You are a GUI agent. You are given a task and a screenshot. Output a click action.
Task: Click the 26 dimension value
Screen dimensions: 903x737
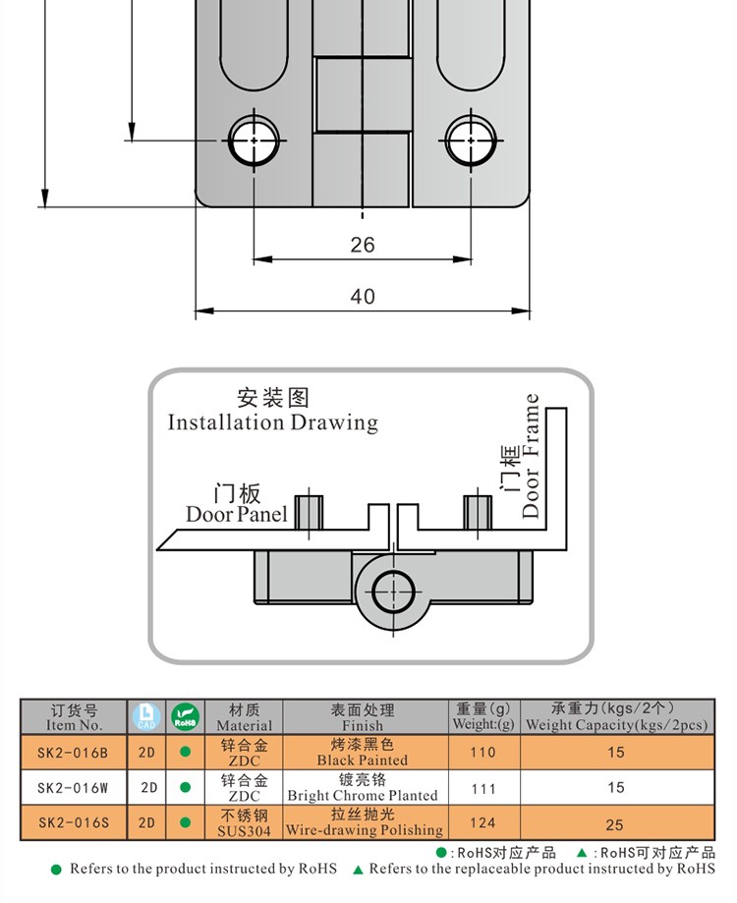click(x=363, y=245)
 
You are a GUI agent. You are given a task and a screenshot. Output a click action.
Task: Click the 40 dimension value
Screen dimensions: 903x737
click(x=363, y=296)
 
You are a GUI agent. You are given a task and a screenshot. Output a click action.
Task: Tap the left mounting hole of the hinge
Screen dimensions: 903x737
click(x=255, y=140)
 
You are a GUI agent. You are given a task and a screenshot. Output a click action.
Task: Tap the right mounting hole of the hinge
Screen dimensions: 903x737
click(x=470, y=140)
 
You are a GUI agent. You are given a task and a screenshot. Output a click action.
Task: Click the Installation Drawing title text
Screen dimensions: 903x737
click(x=272, y=423)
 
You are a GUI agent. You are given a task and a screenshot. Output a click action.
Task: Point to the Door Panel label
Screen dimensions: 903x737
click(x=237, y=513)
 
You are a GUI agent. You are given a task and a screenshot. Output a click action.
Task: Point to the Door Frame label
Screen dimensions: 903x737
click(x=532, y=456)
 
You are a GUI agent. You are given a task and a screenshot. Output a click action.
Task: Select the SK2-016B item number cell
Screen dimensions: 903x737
click(x=73, y=753)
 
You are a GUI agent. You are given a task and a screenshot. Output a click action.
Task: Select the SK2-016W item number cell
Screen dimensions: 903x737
click(x=73, y=787)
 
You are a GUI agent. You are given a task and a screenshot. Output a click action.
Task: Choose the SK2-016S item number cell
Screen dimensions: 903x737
click(x=73, y=822)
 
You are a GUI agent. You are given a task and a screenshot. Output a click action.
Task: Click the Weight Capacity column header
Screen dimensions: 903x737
click(x=616, y=716)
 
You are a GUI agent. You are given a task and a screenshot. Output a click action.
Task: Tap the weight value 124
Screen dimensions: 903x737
click(x=482, y=822)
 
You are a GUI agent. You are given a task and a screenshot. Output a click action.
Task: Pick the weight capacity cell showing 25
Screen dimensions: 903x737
click(x=616, y=822)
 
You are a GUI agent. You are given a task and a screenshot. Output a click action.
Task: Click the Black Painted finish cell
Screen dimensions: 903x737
click(x=363, y=753)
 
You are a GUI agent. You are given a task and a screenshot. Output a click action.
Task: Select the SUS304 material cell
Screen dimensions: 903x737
click(x=244, y=822)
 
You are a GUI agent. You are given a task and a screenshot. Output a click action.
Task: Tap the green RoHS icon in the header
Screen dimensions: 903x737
click(x=184, y=716)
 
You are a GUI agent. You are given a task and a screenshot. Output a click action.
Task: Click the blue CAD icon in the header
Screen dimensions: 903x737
click(x=145, y=716)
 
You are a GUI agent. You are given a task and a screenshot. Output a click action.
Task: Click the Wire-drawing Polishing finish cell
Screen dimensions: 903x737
click(x=364, y=822)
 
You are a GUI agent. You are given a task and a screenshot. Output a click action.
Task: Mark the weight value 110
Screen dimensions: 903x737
click(x=482, y=753)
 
